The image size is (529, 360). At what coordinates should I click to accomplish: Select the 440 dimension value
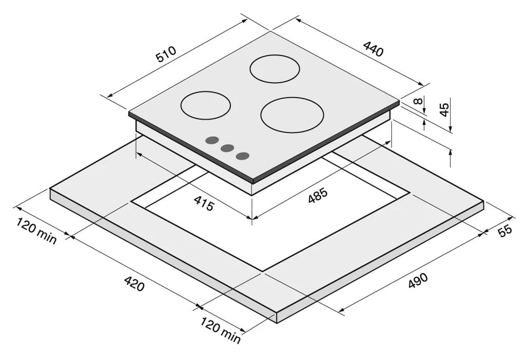click(x=374, y=49)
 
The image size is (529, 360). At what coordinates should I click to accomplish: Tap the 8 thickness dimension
click(x=418, y=101)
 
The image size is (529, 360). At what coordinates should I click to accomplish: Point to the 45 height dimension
click(x=445, y=109)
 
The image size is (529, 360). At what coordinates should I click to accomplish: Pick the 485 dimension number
click(x=318, y=196)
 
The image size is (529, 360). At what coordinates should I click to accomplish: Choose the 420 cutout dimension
click(x=134, y=283)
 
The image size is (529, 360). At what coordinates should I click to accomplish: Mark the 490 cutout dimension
click(x=418, y=280)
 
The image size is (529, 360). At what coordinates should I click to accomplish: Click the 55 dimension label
click(x=505, y=231)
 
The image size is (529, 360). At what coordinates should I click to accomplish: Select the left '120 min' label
click(x=36, y=231)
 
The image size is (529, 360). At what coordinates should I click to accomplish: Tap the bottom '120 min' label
click(x=221, y=330)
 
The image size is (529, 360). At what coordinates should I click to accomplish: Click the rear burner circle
click(x=275, y=69)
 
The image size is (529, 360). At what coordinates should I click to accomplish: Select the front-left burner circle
click(x=205, y=105)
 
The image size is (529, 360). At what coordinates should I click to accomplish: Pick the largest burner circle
click(x=292, y=115)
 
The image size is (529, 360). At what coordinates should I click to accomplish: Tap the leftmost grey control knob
click(x=212, y=141)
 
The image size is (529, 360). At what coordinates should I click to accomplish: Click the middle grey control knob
click(x=227, y=148)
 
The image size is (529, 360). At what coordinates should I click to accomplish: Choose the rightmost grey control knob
click(x=243, y=156)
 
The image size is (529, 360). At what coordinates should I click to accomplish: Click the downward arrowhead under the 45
click(x=450, y=128)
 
